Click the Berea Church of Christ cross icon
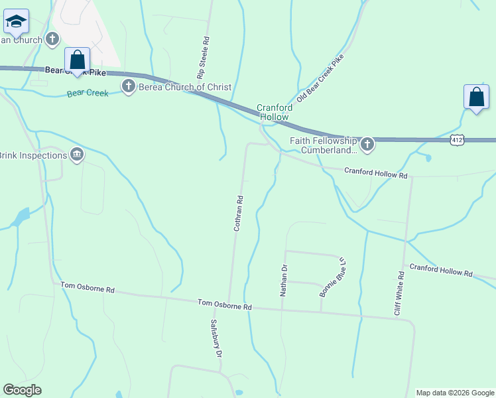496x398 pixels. point(128,86)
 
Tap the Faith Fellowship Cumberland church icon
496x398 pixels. point(367,143)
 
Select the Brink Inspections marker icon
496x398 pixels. point(78,155)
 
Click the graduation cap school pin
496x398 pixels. point(16,22)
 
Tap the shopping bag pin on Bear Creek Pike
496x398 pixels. point(78,60)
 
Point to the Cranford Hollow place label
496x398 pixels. point(273,112)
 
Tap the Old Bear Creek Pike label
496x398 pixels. point(321,78)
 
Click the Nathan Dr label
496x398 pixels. point(284,279)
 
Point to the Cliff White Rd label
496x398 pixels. point(399,293)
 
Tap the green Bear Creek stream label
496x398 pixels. point(88,94)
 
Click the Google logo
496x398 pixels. point(22,390)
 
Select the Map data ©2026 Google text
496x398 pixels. point(454,393)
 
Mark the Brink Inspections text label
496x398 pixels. point(33,155)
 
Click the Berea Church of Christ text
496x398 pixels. point(185,87)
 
